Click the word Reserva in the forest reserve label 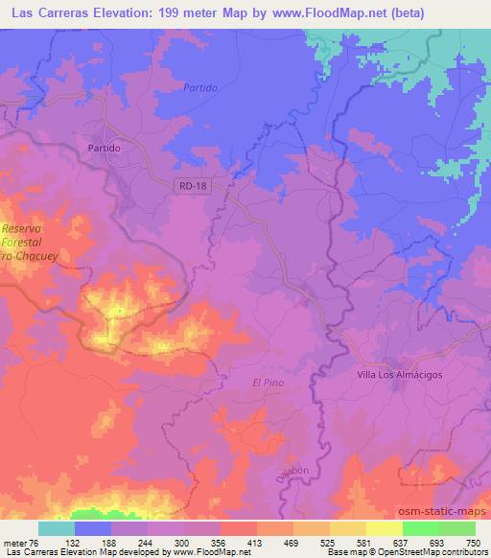[x=23, y=229]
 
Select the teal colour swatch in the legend [x=56, y=528]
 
